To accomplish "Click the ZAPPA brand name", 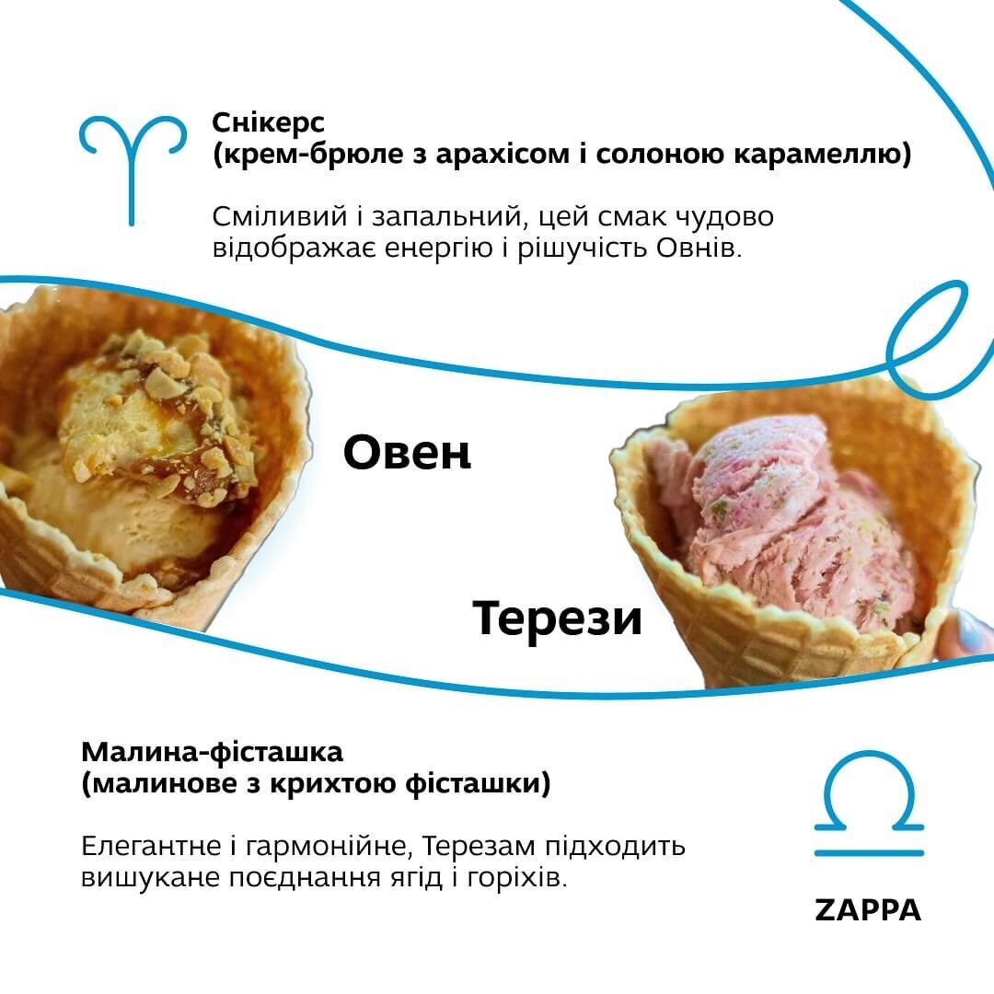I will tap(868, 910).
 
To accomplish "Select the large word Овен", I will tap(407, 454).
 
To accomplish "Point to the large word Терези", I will tap(557, 618).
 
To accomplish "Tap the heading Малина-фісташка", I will tap(212, 752).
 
